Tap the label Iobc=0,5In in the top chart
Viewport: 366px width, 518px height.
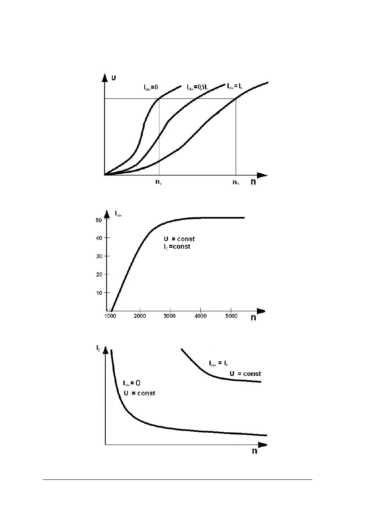coord(198,87)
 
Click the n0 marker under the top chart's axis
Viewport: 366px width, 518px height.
coord(158,183)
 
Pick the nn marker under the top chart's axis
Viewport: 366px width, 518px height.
coord(236,183)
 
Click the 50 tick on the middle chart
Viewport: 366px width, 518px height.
coord(99,220)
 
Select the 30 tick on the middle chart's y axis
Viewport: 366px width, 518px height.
coord(99,256)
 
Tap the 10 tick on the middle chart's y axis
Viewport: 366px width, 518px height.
coord(99,293)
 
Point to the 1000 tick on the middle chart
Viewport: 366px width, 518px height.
coord(110,316)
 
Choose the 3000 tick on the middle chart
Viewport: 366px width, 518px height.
coord(170,316)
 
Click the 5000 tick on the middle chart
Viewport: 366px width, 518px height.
coord(231,316)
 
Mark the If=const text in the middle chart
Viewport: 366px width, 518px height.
coord(177,247)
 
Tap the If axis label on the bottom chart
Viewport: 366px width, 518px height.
coord(99,349)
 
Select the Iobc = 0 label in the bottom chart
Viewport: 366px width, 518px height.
coord(132,383)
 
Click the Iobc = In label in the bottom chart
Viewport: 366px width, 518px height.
coord(219,363)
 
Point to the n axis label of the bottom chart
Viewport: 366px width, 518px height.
coord(255,451)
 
